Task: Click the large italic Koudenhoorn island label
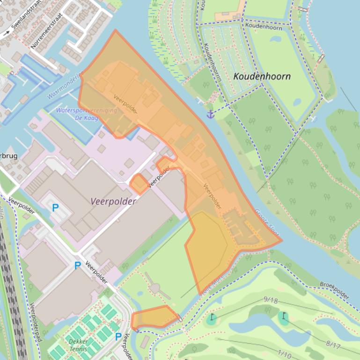(x=262, y=76)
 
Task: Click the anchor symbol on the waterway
(x=211, y=114)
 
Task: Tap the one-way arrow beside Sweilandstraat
(x=6, y=34)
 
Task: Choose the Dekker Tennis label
(x=78, y=345)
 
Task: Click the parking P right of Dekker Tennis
(x=118, y=336)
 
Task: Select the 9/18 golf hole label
(x=271, y=300)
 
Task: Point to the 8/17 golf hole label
(x=333, y=345)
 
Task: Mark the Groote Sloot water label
(x=265, y=220)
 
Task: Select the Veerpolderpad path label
(x=36, y=323)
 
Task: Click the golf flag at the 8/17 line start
(x=283, y=317)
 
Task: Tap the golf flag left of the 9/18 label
(x=212, y=318)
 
